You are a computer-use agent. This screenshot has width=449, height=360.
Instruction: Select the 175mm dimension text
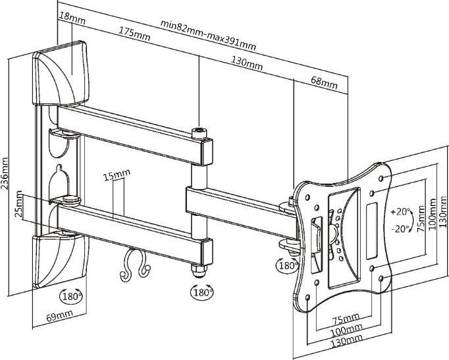(x=134, y=32)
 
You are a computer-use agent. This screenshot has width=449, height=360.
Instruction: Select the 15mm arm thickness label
(x=117, y=176)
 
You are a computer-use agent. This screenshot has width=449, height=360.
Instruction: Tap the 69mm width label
(x=60, y=317)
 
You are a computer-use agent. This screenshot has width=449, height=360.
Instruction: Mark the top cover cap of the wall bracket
(x=63, y=72)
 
